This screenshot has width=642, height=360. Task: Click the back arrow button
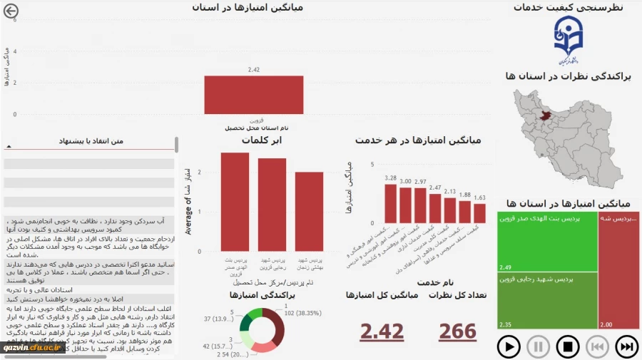11,11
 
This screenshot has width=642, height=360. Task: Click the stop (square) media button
568,347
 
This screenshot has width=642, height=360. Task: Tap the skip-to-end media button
626,347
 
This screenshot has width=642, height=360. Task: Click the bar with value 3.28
390,204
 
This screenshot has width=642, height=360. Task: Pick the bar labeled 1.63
480,213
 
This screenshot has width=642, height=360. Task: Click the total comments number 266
457,331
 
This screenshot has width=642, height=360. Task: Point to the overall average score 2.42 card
382,331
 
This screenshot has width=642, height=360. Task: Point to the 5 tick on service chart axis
372,165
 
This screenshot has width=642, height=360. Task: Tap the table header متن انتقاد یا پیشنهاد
88,141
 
